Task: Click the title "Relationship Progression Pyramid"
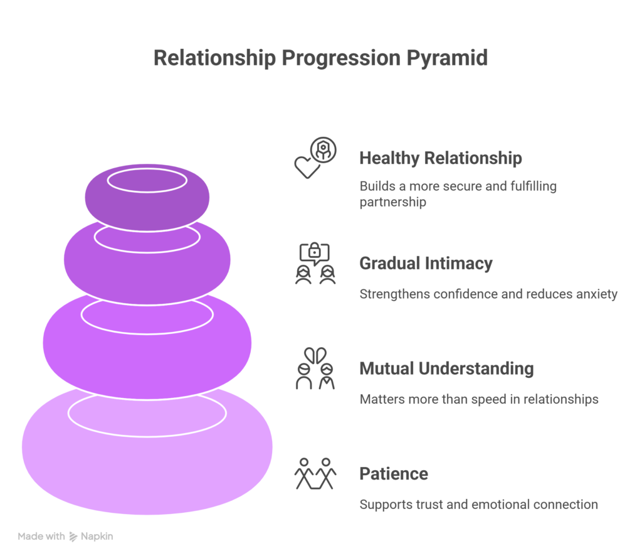pos(320,58)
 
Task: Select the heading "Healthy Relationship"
pos(440,158)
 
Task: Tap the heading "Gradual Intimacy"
pos(426,264)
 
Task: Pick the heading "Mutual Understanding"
pos(446,368)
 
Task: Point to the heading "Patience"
pos(394,473)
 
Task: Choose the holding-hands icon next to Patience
pos(315,473)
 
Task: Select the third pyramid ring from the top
pos(147,351)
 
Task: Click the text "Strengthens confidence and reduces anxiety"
pos(488,294)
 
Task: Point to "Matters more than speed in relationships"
pos(478,399)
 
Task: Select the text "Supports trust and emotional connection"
pos(478,505)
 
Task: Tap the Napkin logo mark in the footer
pos(73,537)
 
